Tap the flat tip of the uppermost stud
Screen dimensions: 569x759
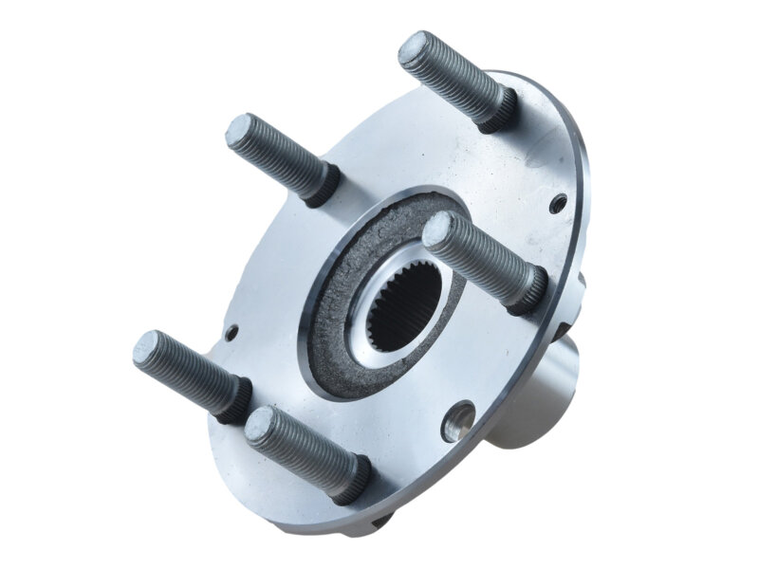pyautogui.click(x=414, y=48)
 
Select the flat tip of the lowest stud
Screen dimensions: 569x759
pyautogui.click(x=261, y=426)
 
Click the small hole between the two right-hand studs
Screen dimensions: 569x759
pyautogui.click(x=559, y=201)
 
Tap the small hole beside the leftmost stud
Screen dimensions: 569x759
pyautogui.click(x=231, y=333)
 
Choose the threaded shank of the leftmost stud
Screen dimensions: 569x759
pyautogui.click(x=190, y=374)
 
